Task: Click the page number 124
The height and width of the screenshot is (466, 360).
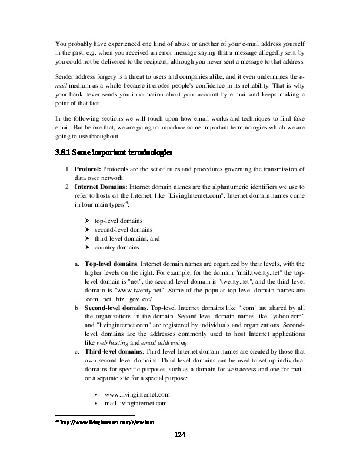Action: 180,434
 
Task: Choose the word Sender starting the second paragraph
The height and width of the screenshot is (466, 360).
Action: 64,76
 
